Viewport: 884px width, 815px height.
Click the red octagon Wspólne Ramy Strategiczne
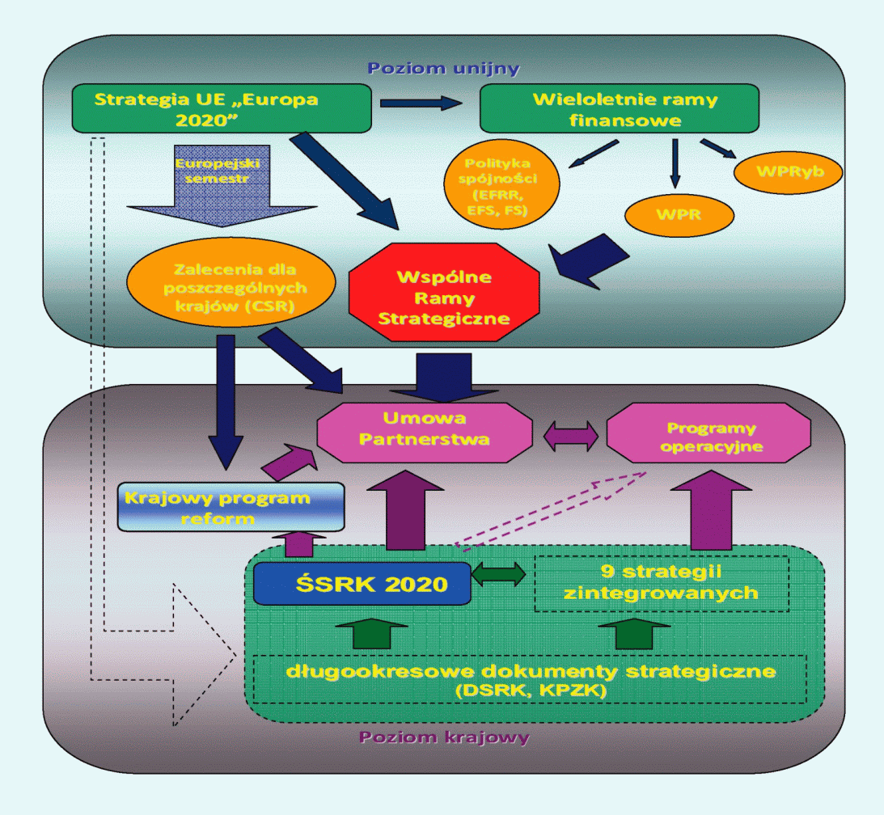[443, 295]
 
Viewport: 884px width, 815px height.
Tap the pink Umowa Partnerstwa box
[425, 429]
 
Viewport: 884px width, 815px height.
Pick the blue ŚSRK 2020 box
[362, 583]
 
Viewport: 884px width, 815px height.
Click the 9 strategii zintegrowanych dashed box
[661, 582]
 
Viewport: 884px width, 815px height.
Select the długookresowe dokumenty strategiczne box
[530, 678]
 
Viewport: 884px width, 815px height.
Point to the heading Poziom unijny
[443, 68]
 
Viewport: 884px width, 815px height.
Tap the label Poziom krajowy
[444, 737]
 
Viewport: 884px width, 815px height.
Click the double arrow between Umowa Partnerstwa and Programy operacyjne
[570, 437]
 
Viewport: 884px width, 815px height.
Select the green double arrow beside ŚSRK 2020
[498, 576]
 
